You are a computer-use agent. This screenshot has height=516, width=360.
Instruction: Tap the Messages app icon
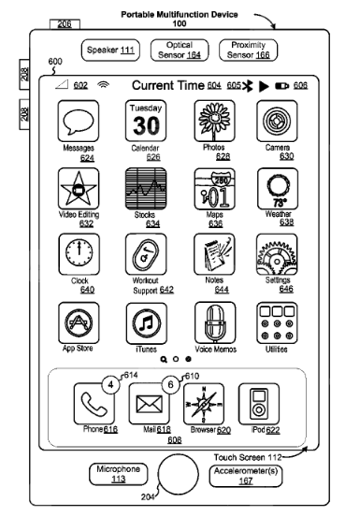(x=78, y=123)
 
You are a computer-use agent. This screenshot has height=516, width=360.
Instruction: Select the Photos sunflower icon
(x=212, y=123)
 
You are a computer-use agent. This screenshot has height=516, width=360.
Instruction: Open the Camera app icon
(x=277, y=123)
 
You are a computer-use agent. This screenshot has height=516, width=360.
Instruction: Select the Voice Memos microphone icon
(x=212, y=322)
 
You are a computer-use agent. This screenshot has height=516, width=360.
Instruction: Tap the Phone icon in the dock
(x=94, y=403)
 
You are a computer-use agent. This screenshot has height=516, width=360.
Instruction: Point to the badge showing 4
(x=110, y=382)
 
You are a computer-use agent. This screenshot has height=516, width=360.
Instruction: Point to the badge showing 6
(x=170, y=382)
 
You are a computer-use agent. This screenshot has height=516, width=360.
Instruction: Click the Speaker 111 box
(x=109, y=49)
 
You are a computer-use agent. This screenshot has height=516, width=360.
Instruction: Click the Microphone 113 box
(x=119, y=474)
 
